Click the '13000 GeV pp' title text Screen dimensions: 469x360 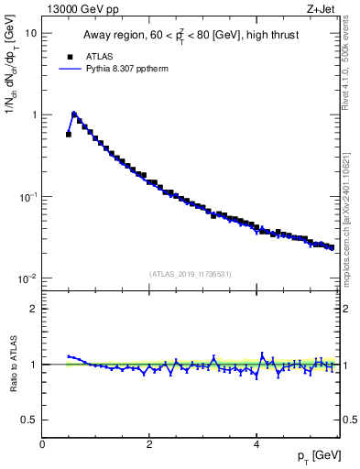(81, 9)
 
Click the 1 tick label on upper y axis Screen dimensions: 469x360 (35, 115)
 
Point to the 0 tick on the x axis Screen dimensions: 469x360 (42, 444)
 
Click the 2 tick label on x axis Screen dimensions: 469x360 (149, 444)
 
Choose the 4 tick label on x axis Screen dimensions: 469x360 (256, 444)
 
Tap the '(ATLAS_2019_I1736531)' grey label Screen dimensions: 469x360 (191, 273)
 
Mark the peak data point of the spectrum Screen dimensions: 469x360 (74, 115)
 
